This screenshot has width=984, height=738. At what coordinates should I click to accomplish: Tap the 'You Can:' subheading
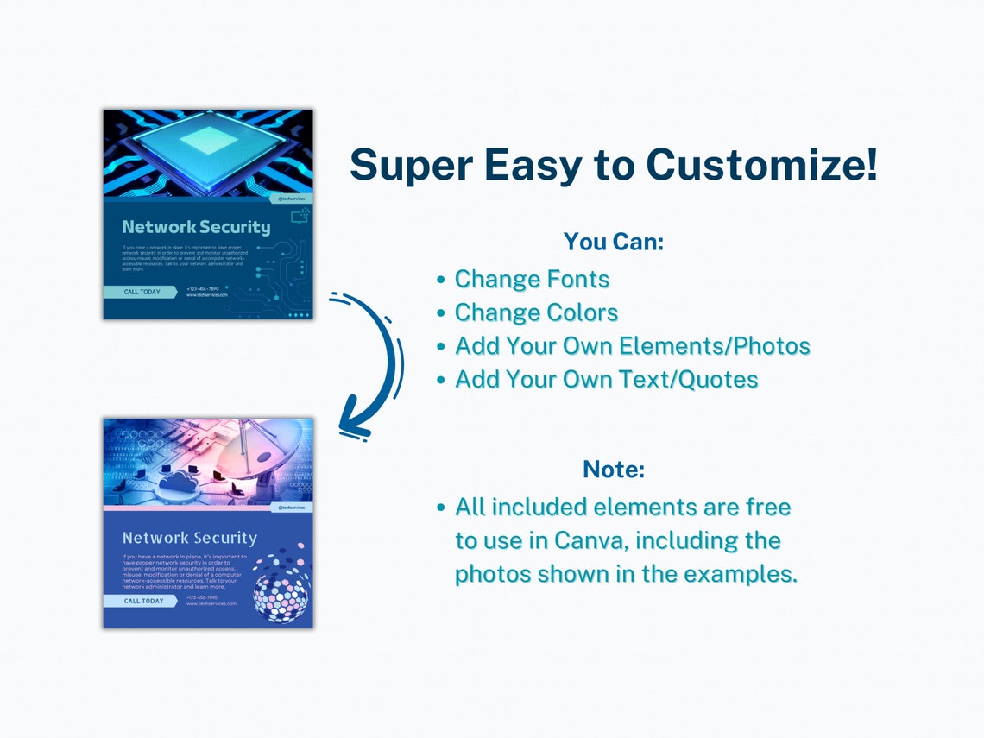click(x=613, y=242)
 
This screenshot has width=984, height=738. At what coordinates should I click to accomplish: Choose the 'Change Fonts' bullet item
click(x=532, y=279)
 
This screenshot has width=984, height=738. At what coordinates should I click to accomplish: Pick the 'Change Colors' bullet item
click(x=536, y=312)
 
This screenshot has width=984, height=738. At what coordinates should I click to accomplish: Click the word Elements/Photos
click(x=715, y=346)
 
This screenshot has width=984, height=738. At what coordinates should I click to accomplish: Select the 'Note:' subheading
click(x=614, y=470)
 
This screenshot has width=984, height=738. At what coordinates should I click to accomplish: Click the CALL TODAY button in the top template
click(x=142, y=292)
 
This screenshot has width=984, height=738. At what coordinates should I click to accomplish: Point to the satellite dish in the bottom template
click(x=259, y=449)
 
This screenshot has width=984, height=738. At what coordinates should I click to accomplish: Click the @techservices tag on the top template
click(x=291, y=199)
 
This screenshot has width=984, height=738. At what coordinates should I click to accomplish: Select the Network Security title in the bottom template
click(x=190, y=538)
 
